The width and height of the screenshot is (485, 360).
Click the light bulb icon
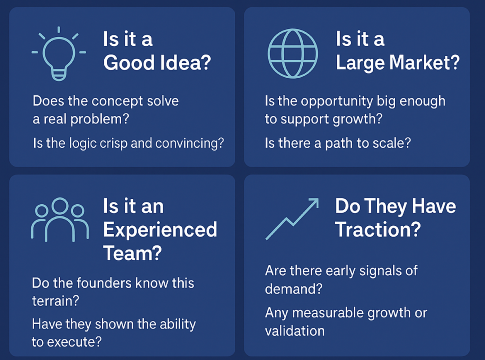pyautogui.click(x=59, y=54)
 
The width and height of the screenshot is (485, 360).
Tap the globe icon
pyautogui.click(x=293, y=53)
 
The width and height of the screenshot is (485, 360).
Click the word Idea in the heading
pyautogui.click(x=185, y=63)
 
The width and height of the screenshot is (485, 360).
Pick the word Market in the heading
pyautogui.click(x=424, y=63)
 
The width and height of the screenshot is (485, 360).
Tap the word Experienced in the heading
pyautogui.click(x=160, y=230)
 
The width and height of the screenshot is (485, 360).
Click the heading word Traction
pyautogui.click(x=378, y=229)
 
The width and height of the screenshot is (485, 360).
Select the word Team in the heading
pyautogui.click(x=132, y=253)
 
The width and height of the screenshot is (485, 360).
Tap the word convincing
pyautogui.click(x=190, y=144)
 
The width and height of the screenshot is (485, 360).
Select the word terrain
pyautogui.click(x=56, y=301)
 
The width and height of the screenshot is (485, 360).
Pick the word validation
pyautogui.click(x=295, y=331)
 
